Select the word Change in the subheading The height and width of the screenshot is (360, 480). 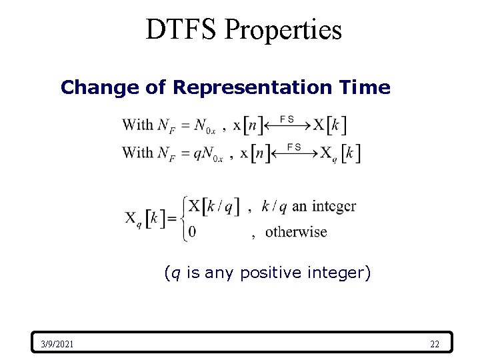89,87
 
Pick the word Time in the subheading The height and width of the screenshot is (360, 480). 366,87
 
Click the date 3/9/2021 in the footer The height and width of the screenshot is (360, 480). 57,344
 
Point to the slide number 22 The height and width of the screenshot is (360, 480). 435,344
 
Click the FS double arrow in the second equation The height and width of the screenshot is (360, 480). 294,153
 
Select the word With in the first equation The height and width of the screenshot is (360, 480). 137,124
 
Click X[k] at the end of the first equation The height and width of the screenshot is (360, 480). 330,125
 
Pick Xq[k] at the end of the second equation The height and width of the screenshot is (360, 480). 340,153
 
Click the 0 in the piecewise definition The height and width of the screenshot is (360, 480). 193,232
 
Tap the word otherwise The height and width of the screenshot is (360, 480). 296,232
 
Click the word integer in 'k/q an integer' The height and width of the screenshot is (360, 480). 333,206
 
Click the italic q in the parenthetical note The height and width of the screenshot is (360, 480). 173,273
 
